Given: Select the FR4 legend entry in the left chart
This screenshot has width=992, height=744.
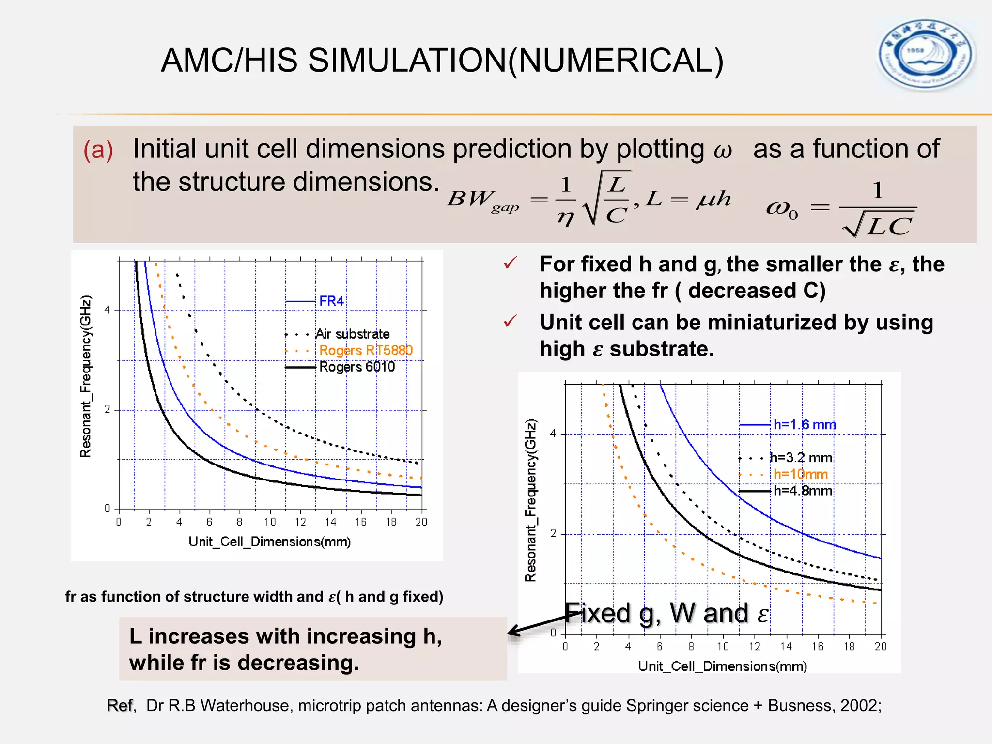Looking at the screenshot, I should click(331, 301).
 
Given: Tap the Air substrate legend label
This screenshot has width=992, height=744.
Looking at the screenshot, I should click(353, 334).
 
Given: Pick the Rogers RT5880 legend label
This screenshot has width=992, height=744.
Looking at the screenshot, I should click(366, 350).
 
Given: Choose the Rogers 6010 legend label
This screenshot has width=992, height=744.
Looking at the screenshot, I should click(357, 367).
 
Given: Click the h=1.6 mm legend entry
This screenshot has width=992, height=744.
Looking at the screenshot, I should click(805, 425).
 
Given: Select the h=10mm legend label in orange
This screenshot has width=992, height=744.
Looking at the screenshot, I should click(800, 474).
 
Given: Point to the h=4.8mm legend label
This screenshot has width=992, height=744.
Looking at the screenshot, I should click(803, 491).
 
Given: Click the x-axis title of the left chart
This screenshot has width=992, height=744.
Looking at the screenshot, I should click(269, 542).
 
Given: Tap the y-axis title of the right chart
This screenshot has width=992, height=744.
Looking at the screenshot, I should click(531, 500).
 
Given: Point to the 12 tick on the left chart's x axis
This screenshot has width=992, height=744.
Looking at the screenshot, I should click(300, 522).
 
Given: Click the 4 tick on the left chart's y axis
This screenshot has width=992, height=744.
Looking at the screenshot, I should click(108, 310).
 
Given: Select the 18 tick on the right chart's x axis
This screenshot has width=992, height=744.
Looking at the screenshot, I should click(849, 646).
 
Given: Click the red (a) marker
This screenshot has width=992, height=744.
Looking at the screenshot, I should click(98, 150).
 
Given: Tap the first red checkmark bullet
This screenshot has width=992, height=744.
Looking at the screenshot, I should click(510, 263).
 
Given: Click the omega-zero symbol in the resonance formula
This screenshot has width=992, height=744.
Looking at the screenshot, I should click(781, 209).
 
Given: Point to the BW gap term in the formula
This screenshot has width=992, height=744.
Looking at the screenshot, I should click(482, 200).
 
